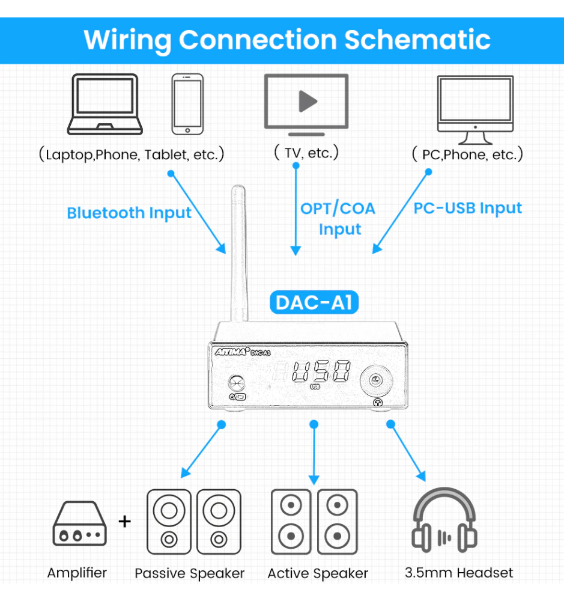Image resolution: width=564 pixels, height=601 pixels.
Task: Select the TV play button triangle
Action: [x=307, y=100]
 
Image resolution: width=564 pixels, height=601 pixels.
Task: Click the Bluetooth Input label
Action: [x=129, y=213]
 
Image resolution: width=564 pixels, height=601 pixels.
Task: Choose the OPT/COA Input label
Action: [x=338, y=218]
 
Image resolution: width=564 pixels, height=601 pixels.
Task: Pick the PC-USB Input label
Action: [x=468, y=208]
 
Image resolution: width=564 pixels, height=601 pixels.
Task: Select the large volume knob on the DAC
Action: [x=375, y=380]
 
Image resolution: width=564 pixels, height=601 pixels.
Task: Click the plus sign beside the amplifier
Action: [x=124, y=520]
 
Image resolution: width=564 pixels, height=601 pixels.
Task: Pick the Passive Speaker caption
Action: [x=190, y=573]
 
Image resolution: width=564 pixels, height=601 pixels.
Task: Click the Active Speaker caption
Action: [x=318, y=573]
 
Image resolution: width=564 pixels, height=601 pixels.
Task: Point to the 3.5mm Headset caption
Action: [x=459, y=573]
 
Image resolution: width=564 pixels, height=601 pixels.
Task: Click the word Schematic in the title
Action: [x=417, y=40]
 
